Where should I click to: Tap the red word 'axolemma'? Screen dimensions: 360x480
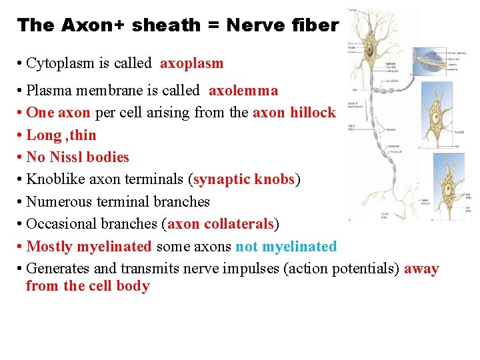click(243, 90)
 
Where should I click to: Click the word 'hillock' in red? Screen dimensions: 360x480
click(313, 113)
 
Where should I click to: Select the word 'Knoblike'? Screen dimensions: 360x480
click(54, 179)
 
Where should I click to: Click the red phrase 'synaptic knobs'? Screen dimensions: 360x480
click(244, 179)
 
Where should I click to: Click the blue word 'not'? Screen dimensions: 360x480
click(246, 247)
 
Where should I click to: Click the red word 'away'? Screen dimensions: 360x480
click(421, 269)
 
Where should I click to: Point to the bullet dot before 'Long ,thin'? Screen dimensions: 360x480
click(21, 135)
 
